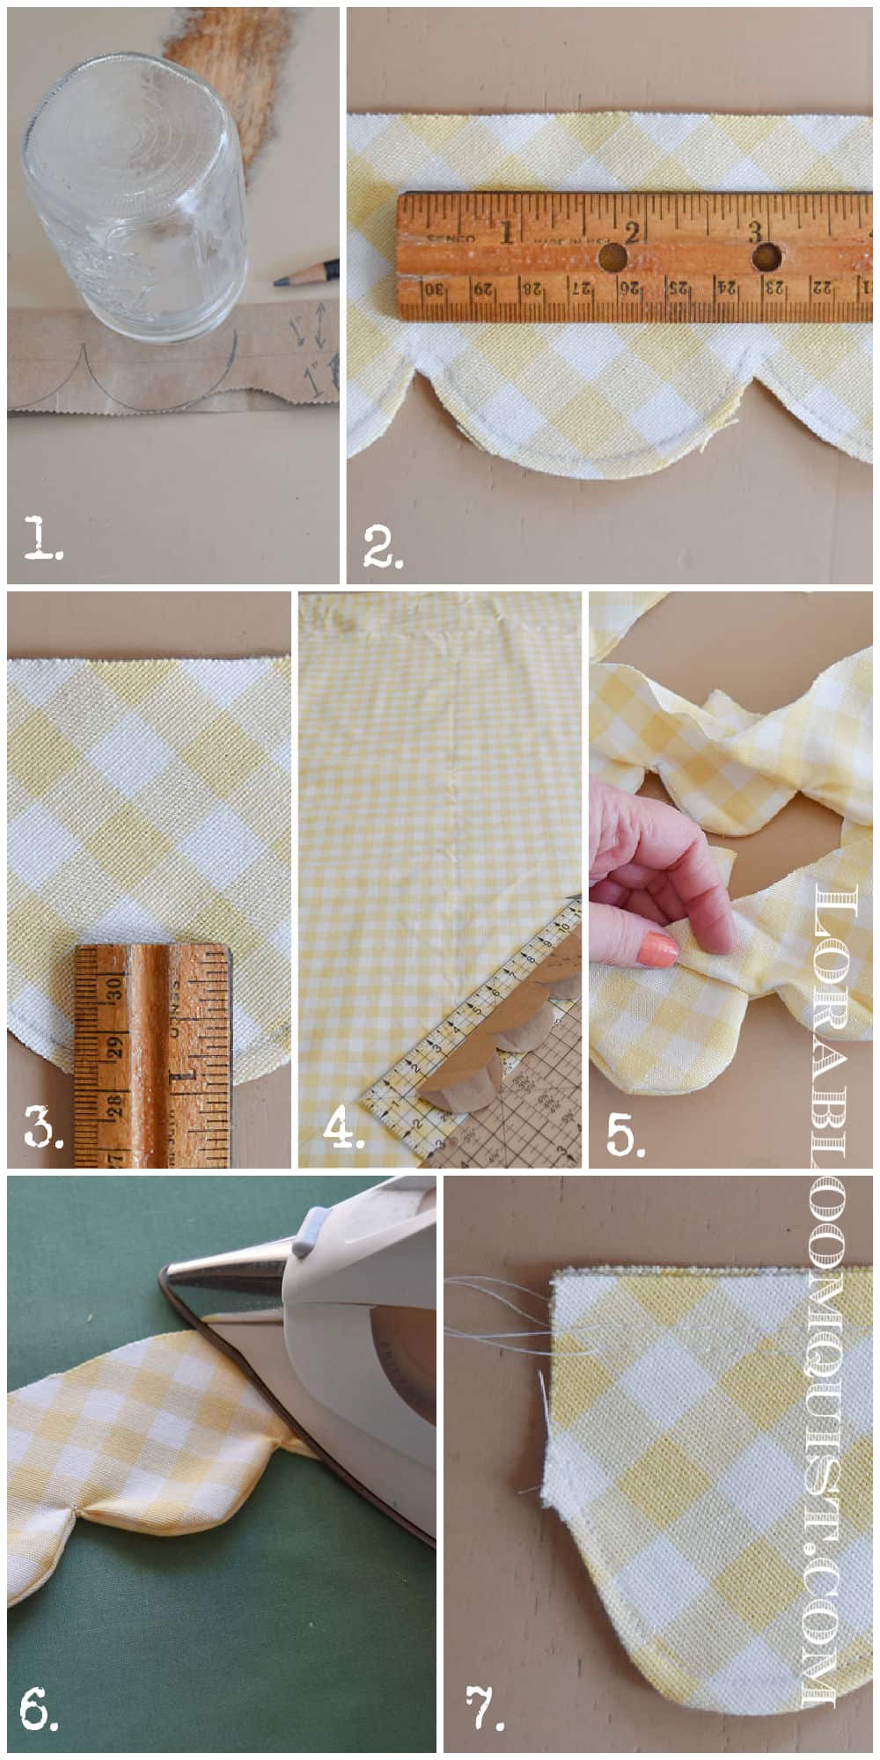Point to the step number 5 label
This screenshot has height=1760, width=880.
[625, 1135]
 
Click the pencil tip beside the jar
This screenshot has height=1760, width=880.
[280, 282]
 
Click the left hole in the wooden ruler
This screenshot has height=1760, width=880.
[611, 258]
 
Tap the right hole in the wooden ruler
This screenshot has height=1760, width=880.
[767, 256]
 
